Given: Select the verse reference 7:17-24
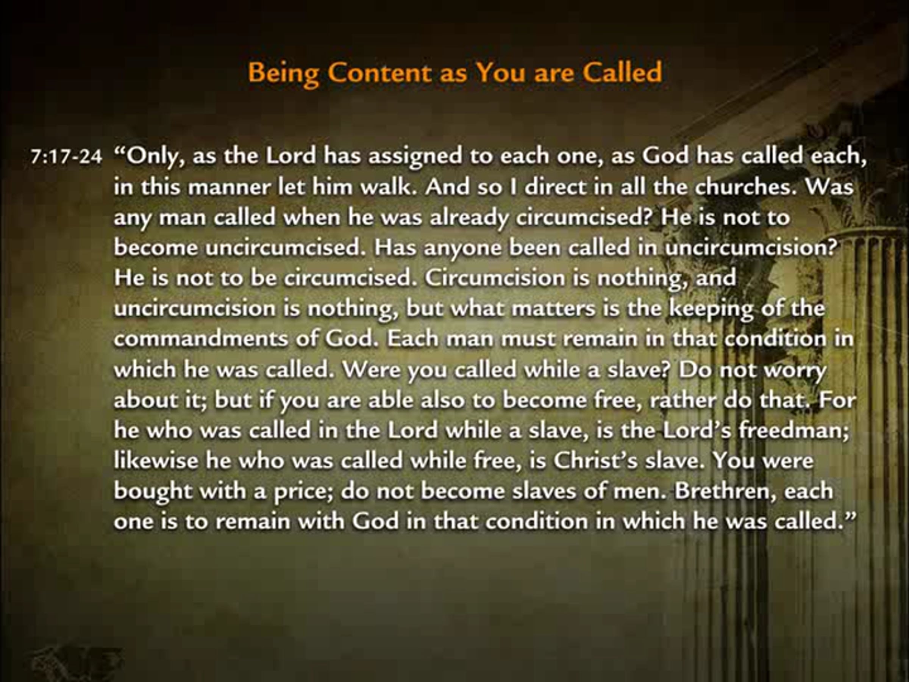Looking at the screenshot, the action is (66, 156).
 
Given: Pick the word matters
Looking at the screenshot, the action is (553, 309).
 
